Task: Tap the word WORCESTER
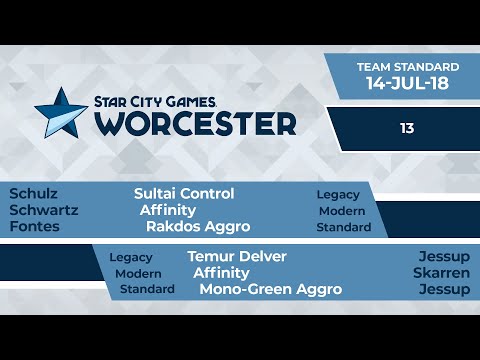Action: (x=196, y=123)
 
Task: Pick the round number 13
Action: (x=406, y=128)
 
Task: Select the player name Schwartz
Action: (x=43, y=210)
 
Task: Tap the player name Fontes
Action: (x=34, y=226)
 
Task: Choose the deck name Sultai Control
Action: (x=184, y=194)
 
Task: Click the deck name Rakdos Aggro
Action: (x=197, y=226)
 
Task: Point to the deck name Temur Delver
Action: (x=237, y=257)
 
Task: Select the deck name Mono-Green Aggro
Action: (x=270, y=289)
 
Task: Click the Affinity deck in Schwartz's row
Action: (x=167, y=210)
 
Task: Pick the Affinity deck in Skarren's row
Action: (x=221, y=273)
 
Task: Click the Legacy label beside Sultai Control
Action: (x=338, y=195)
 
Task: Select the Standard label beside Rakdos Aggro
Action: (x=343, y=227)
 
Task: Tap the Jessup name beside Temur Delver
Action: (x=444, y=257)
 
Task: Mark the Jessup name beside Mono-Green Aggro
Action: (x=444, y=289)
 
